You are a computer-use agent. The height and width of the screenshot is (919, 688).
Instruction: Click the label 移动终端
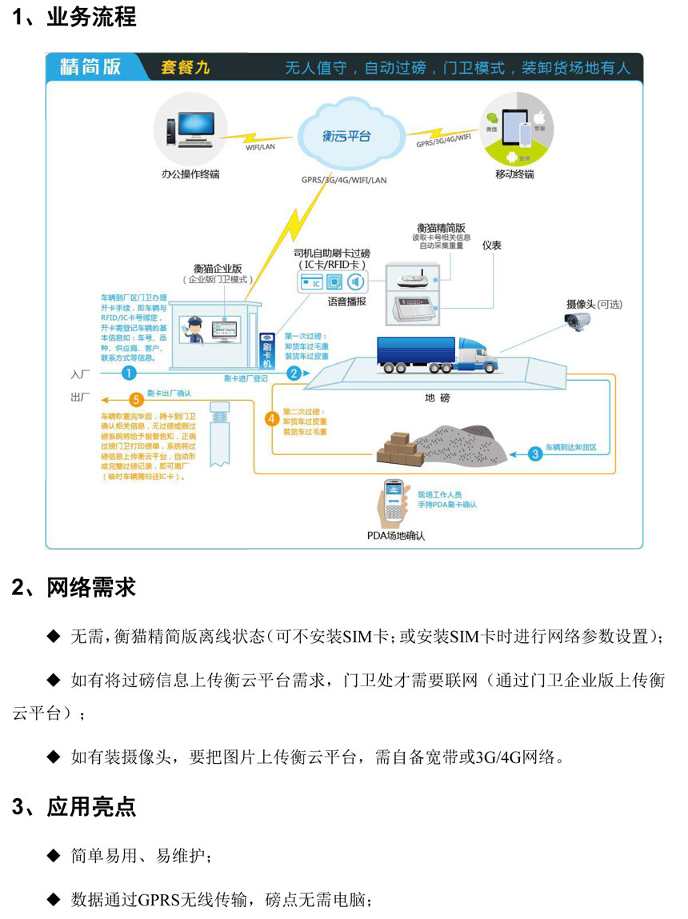pos(514,174)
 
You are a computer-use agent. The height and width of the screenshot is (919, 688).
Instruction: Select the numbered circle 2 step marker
pos(294,373)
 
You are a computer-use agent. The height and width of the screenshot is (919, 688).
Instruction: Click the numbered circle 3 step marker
pos(535,453)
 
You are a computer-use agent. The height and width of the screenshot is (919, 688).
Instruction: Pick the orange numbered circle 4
pos(272,419)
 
